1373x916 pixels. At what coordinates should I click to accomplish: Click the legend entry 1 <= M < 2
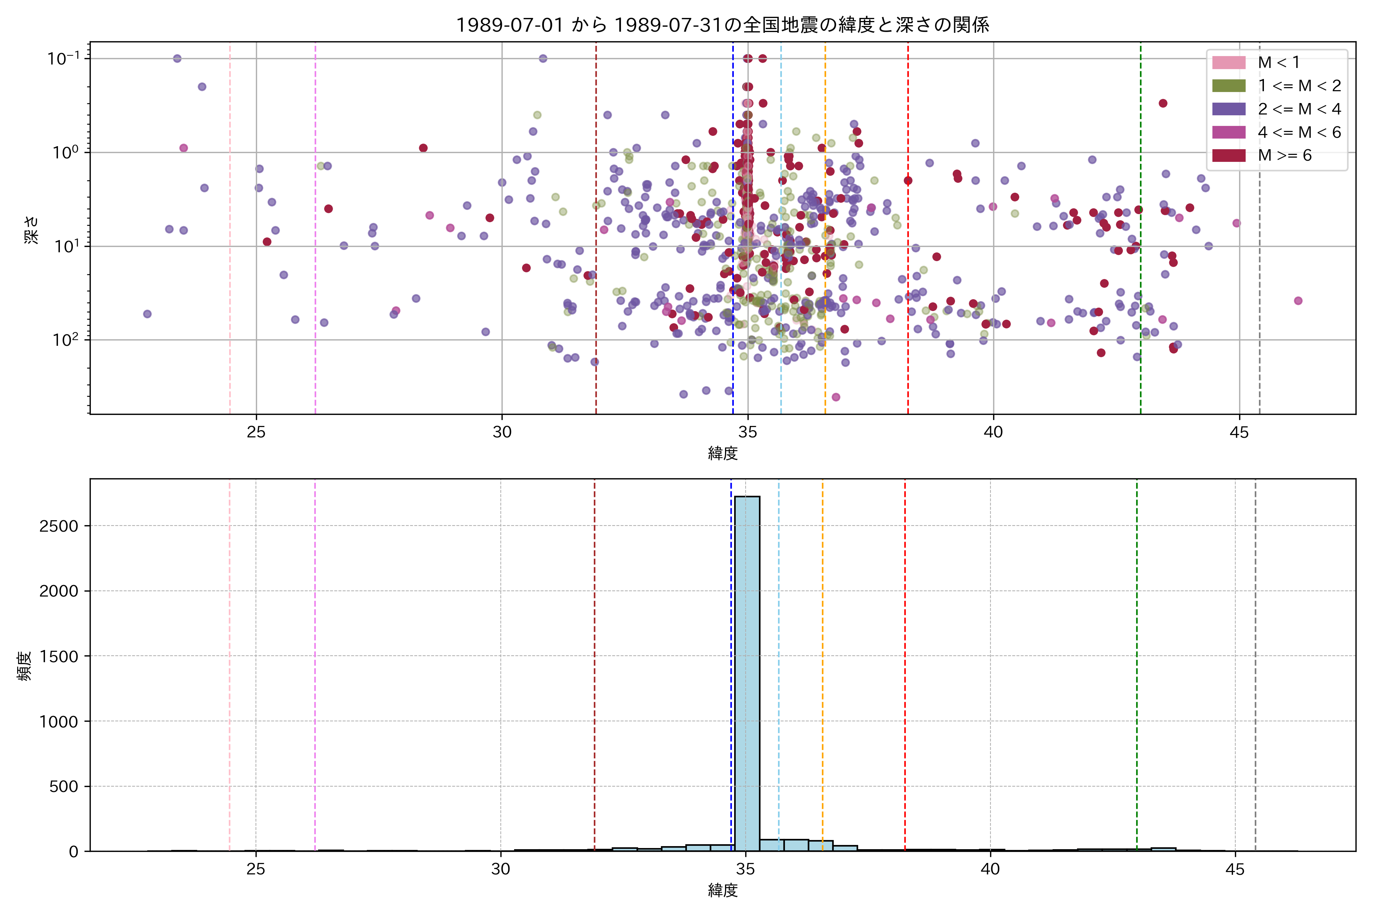coord(1299,86)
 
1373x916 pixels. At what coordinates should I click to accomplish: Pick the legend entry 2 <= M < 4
coord(1299,109)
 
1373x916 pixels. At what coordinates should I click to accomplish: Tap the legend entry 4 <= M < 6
coord(1299,132)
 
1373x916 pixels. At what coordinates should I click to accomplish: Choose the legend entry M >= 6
coord(1284,155)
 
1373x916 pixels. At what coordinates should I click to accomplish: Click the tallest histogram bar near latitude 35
coord(747,672)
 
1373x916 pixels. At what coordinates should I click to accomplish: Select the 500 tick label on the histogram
coord(64,786)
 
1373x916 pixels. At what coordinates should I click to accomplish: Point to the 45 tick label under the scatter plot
coord(1239,432)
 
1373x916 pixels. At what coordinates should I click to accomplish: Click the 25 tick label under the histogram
coord(256,869)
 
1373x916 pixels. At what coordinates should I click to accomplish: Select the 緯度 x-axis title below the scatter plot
coord(723,453)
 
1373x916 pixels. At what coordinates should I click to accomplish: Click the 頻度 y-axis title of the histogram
coord(24,666)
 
